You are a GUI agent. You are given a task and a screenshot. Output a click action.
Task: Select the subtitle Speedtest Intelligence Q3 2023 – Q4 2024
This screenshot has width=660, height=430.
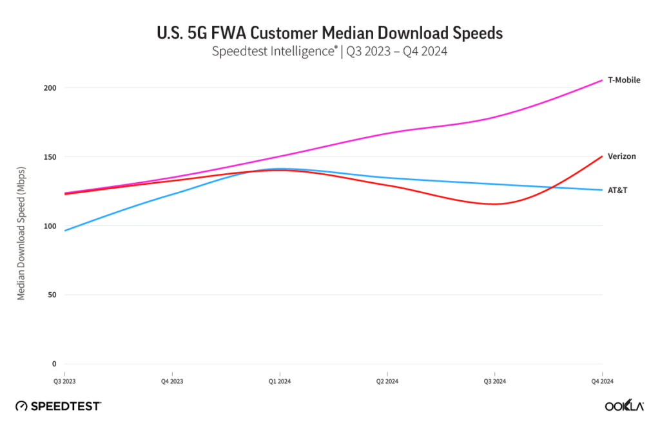(x=329, y=52)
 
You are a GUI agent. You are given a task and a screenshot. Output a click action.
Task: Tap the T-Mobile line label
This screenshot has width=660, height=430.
(x=624, y=80)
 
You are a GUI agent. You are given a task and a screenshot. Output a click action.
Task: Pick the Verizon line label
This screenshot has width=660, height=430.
(x=622, y=156)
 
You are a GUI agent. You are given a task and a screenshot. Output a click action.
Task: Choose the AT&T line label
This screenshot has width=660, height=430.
(x=618, y=191)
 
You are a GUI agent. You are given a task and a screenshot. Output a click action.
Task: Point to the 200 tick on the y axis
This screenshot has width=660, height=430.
(x=51, y=88)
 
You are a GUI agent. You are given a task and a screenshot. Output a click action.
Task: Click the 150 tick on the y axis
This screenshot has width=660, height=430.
(x=51, y=156)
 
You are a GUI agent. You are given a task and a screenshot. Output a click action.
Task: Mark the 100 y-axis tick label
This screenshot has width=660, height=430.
(x=51, y=226)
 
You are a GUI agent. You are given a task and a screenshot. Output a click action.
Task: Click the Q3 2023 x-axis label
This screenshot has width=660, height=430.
(x=64, y=382)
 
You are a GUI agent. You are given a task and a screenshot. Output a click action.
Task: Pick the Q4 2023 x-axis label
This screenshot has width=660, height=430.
(x=171, y=382)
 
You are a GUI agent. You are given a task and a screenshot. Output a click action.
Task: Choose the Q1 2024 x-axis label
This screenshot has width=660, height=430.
(x=279, y=382)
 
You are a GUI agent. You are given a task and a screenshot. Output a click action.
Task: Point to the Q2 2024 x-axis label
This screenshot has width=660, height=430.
(x=387, y=382)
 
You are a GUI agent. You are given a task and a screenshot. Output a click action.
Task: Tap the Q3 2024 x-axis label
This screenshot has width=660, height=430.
(x=494, y=382)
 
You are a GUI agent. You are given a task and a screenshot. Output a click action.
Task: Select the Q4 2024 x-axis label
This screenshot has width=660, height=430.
(x=602, y=382)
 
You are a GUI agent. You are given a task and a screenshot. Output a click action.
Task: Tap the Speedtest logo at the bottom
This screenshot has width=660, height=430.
(x=58, y=406)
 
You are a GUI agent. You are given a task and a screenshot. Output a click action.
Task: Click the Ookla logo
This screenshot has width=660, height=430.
(x=624, y=406)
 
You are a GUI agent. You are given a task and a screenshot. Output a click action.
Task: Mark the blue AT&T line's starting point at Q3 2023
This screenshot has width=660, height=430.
(x=64, y=230)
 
